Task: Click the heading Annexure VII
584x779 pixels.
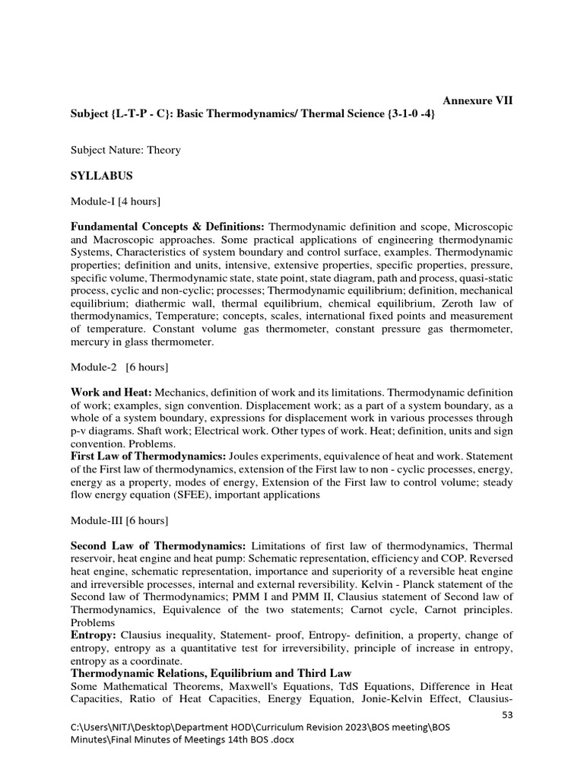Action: click(x=478, y=100)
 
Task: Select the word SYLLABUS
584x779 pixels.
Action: click(x=102, y=176)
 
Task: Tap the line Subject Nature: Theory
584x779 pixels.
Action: click(x=125, y=150)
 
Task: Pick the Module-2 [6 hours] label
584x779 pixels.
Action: click(x=119, y=367)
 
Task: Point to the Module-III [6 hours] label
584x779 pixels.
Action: click(x=119, y=521)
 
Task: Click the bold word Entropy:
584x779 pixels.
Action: click(x=94, y=634)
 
